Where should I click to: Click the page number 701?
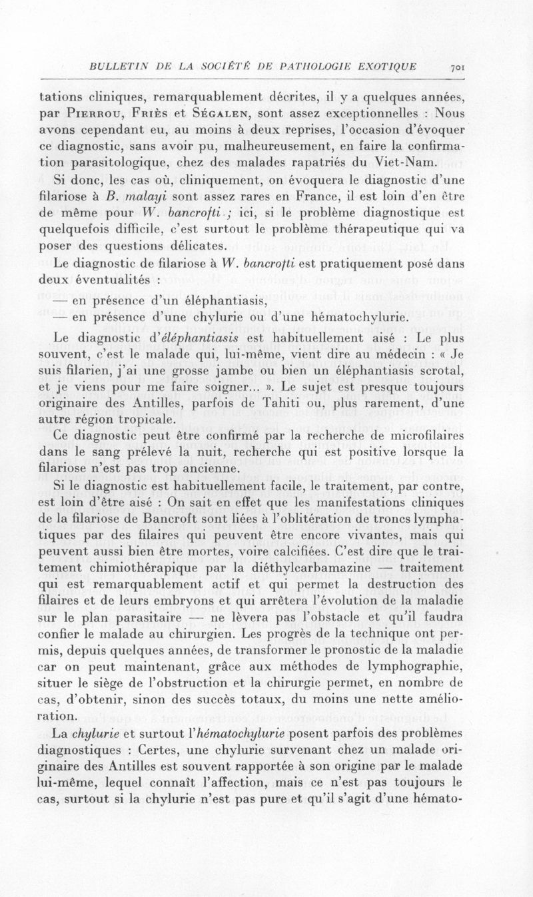coord(458,67)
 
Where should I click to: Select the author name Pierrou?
coord(86,113)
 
